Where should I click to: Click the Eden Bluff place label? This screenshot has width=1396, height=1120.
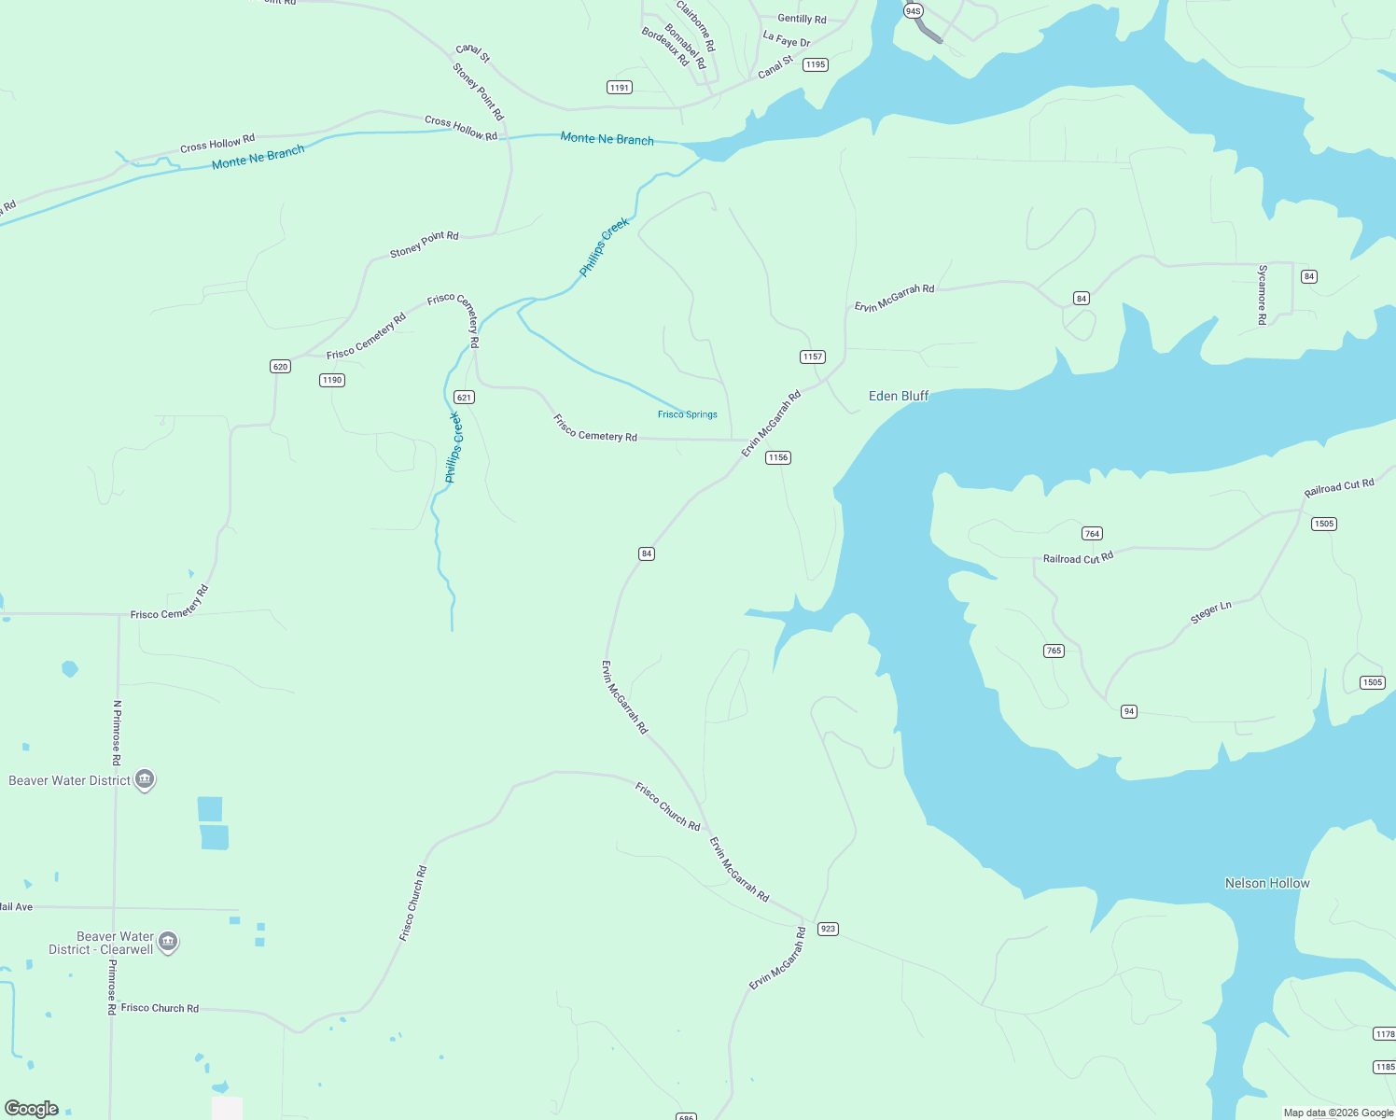[x=899, y=396]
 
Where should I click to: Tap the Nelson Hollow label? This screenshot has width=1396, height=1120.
[x=1266, y=883]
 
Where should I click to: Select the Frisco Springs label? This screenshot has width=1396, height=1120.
[x=687, y=414]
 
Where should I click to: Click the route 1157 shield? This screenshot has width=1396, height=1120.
[x=813, y=357]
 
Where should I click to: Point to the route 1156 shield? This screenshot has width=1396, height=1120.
[x=778, y=457]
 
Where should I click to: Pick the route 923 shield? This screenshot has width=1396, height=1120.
[x=828, y=929]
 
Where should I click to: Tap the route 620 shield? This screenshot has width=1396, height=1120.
[x=281, y=366]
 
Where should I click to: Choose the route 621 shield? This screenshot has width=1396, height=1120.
[x=465, y=397]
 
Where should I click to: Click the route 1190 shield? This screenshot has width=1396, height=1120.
[x=332, y=380]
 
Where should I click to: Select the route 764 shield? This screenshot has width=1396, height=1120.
[x=1092, y=534]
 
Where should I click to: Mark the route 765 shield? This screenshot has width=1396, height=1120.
[x=1054, y=651]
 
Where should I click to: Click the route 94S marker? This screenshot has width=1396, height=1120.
[x=914, y=11]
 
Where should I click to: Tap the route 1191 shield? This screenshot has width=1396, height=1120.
[x=620, y=88]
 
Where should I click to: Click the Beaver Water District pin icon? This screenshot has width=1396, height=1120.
[x=145, y=779]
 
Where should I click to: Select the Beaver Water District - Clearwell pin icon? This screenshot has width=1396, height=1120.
[x=168, y=942]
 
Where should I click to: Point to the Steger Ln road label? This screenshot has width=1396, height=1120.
[x=1211, y=612]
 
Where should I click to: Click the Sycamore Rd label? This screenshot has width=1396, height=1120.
[x=1263, y=294]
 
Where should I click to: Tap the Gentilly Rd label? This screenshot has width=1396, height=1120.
[x=802, y=19]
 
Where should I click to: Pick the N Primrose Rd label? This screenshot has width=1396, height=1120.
[x=117, y=733]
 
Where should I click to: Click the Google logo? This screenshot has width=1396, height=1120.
[x=32, y=1109]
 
